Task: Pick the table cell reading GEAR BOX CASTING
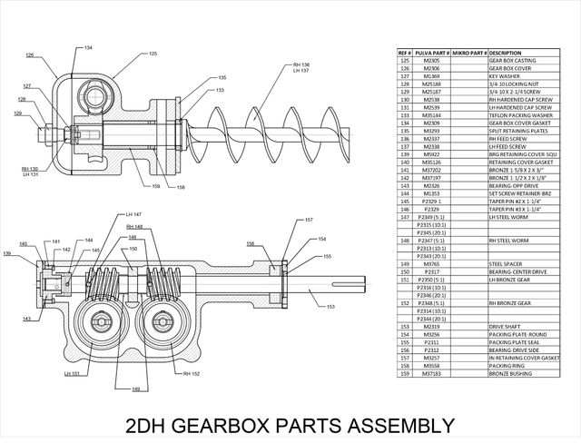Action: point(512,60)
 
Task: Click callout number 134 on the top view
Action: point(88,47)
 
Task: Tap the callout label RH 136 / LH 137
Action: point(301,68)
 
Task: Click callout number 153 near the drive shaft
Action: point(330,308)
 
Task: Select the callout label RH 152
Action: point(192,373)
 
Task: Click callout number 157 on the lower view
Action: point(309,221)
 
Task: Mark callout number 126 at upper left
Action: point(30,55)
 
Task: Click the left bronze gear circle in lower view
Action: point(106,322)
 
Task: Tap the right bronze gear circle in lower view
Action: point(164,322)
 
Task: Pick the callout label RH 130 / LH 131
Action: point(30,172)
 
